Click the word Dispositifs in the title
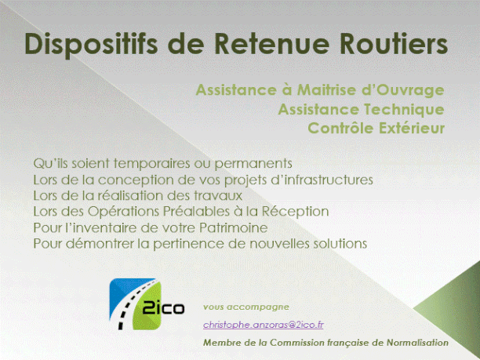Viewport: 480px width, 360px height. point(91,44)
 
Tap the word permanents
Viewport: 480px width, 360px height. point(253,164)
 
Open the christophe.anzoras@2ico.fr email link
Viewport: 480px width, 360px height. point(264,325)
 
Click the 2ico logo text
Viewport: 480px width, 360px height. point(163,308)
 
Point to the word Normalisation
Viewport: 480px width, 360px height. point(417,343)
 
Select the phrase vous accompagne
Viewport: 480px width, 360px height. point(246,307)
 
